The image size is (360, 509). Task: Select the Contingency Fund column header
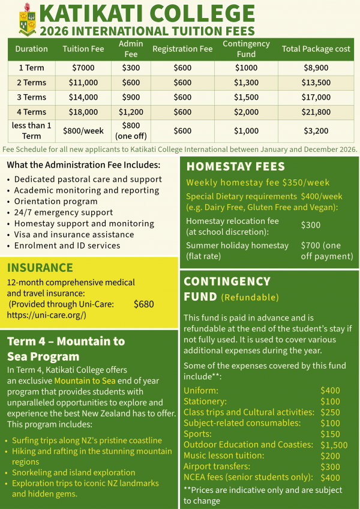tap(245, 49)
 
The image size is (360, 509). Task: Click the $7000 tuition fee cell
tap(83, 68)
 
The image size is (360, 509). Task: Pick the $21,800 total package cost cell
tap(316, 112)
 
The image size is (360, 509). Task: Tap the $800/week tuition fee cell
tap(83, 130)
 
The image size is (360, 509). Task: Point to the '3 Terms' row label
tap(31, 97)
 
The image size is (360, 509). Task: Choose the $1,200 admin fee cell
tap(131, 112)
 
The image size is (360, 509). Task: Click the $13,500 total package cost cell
tap(316, 83)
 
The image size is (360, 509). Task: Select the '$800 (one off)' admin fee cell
tap(131, 130)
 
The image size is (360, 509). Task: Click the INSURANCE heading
tap(40, 268)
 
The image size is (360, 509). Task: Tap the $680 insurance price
tap(144, 304)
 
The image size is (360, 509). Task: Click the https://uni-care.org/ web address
tap(47, 315)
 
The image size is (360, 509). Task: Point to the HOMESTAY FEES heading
tap(227, 167)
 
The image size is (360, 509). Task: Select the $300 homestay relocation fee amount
tap(310, 225)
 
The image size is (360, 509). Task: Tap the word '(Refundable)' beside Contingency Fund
tap(250, 297)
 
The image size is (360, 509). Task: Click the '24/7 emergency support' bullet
tap(63, 212)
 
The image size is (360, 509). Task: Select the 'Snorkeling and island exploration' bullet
tap(73, 472)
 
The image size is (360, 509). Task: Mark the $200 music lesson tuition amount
tap(330, 456)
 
